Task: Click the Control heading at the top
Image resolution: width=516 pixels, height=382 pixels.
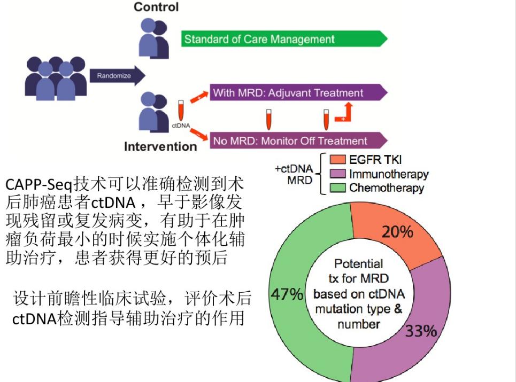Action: [x=156, y=7]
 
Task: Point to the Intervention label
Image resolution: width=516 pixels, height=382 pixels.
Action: [x=160, y=146]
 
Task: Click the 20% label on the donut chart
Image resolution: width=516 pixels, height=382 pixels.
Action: [x=397, y=232]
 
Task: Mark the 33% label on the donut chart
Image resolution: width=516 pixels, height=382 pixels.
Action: [x=421, y=332]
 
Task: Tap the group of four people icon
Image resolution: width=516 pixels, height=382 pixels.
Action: [x=56, y=77]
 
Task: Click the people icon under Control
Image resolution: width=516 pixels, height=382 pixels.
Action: [x=153, y=38]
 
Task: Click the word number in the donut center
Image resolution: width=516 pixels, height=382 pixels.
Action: [x=358, y=324]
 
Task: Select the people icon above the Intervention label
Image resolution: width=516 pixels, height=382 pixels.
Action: [x=153, y=112]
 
